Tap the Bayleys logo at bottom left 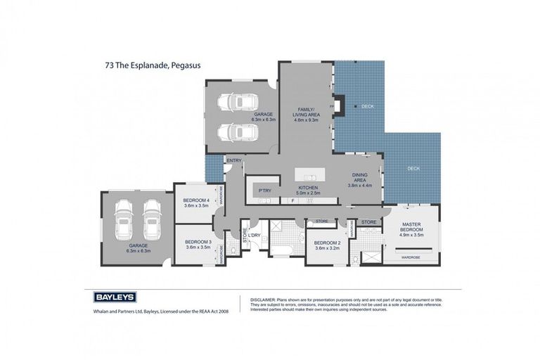[x=114, y=297]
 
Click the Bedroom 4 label [x=197, y=203]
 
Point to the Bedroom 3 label [x=197, y=244]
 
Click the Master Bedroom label [x=411, y=229]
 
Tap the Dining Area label [x=359, y=181]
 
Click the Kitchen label [x=308, y=191]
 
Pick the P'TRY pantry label [x=265, y=191]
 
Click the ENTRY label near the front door [x=233, y=160]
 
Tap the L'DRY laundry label [x=254, y=235]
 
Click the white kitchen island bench [x=311, y=174]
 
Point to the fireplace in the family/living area [x=337, y=106]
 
